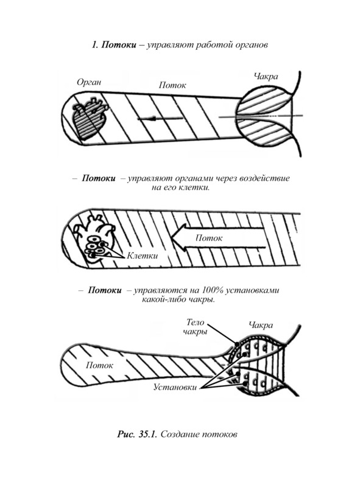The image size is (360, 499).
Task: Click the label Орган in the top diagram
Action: coord(89,82)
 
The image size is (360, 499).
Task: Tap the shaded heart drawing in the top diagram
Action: coord(91,119)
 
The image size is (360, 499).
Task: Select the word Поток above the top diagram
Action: coord(172,85)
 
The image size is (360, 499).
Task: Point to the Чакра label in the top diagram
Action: coord(266,77)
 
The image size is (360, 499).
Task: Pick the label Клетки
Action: coord(142,256)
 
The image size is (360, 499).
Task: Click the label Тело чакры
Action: coord(196,327)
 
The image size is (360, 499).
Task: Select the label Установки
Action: coord(175,387)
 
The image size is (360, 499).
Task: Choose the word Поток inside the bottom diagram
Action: coord(99,365)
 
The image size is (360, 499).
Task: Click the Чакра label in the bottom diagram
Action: coord(261,325)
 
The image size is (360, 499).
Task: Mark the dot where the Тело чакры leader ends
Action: coord(237,344)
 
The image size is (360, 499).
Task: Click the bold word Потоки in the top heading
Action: coord(119,45)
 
